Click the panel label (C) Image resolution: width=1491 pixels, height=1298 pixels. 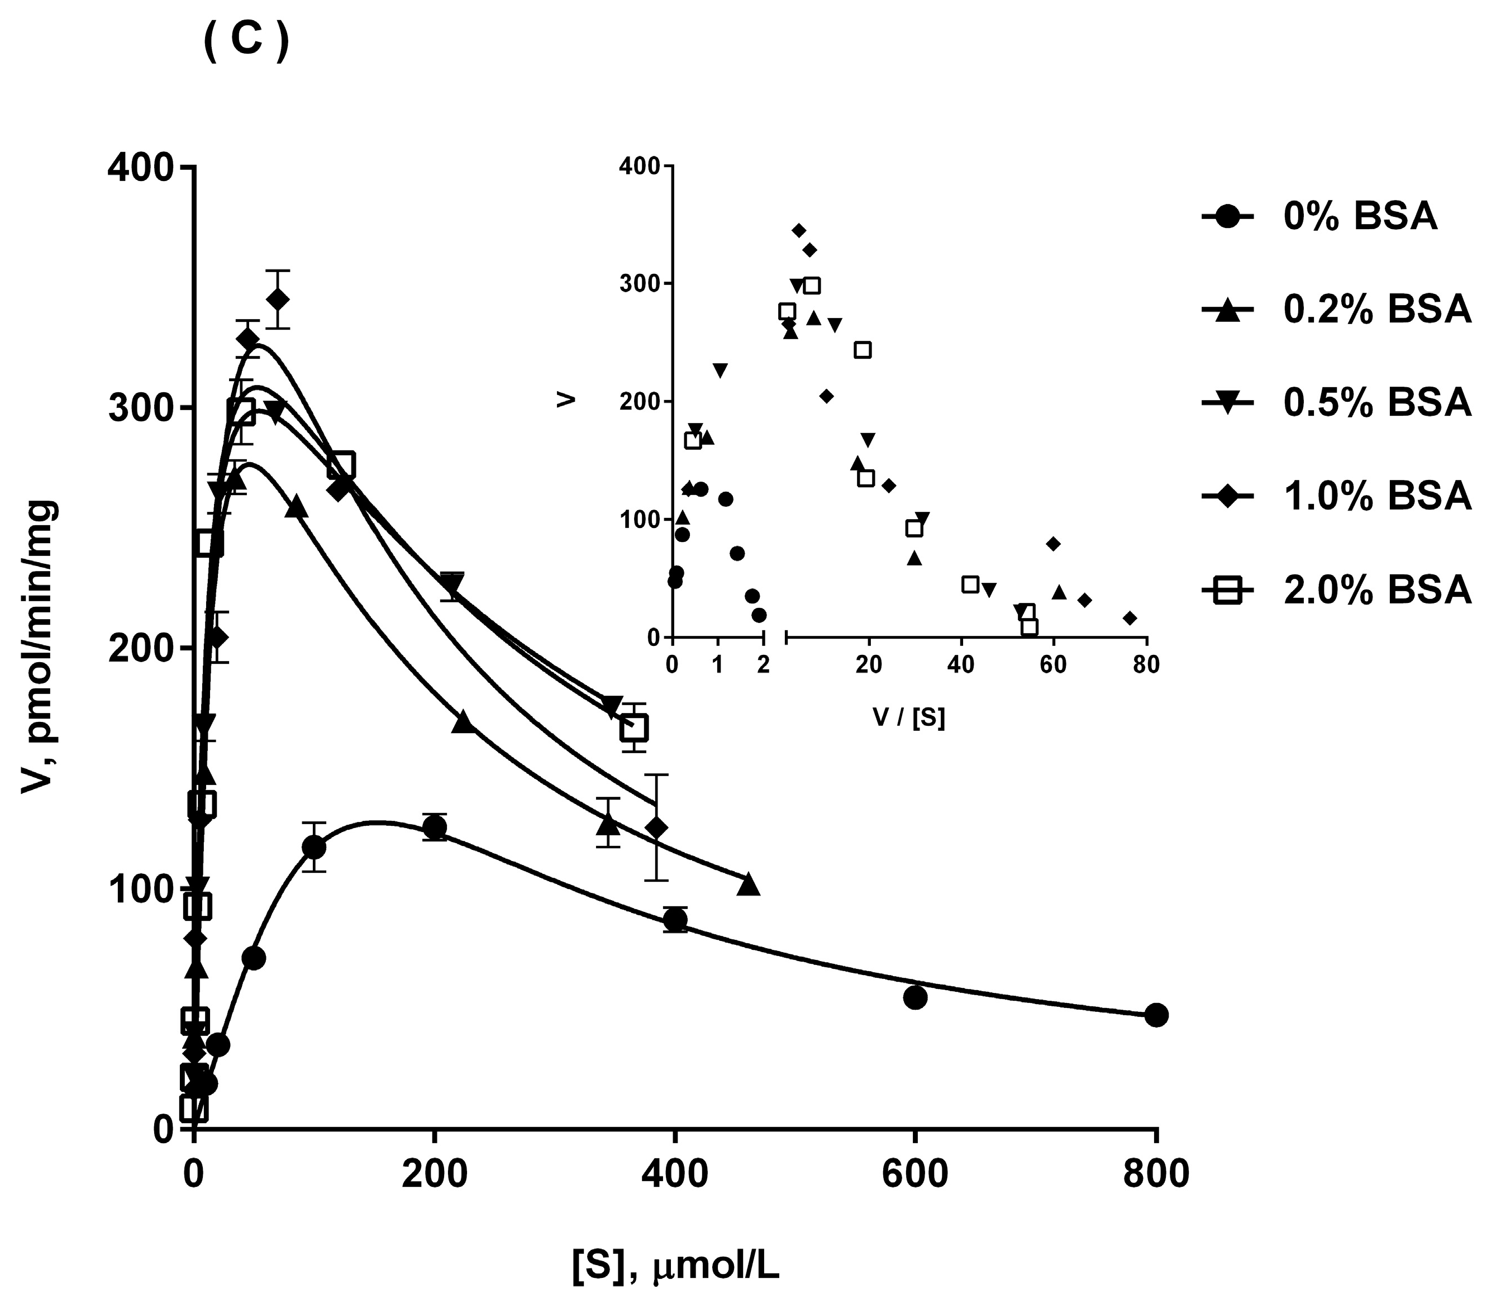click(246, 42)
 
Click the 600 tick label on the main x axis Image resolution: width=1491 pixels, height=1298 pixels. click(914, 1174)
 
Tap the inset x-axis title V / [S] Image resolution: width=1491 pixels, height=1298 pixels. click(909, 717)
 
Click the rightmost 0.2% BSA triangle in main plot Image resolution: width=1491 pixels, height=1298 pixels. click(748, 885)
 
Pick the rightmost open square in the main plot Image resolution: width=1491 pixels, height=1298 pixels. click(633, 728)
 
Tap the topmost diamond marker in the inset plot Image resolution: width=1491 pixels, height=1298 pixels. click(799, 230)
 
